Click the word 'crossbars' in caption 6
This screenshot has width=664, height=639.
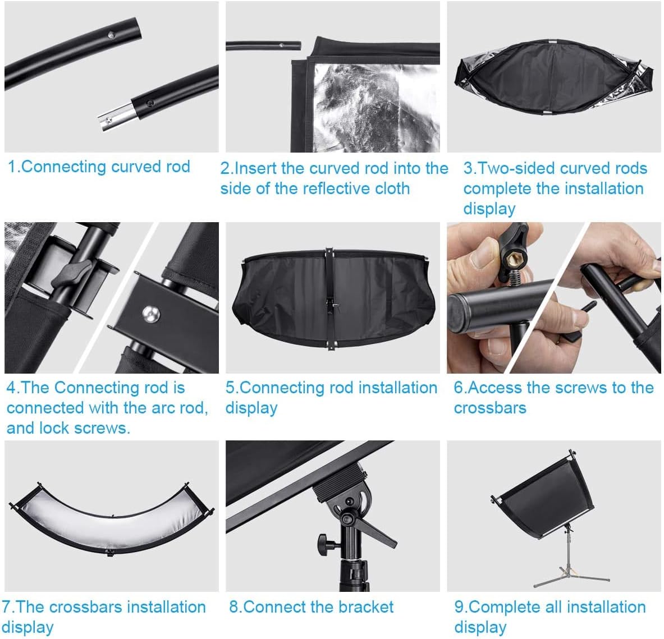(490, 408)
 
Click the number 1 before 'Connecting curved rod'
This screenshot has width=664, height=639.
(12, 167)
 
